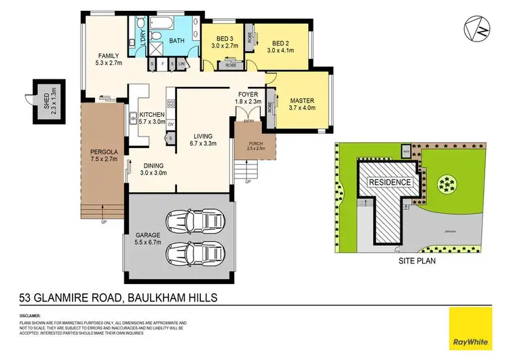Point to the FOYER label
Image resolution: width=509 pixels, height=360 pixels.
[x=246, y=94]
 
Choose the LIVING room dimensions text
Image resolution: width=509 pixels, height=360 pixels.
[x=200, y=143]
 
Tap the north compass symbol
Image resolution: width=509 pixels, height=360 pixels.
[x=479, y=28]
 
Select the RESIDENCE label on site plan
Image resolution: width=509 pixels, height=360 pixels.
[x=389, y=183]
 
